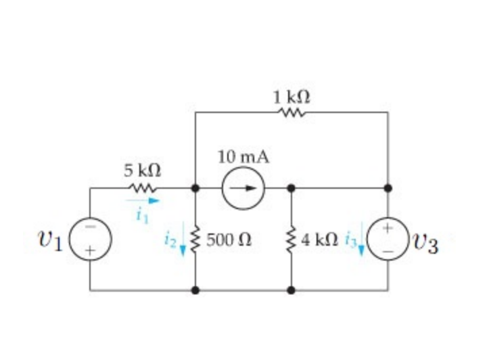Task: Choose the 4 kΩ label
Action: point(321,240)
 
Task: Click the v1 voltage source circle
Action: point(90,240)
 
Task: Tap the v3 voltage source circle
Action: point(388,240)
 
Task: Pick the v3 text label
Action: point(423,243)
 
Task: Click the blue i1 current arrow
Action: point(143,200)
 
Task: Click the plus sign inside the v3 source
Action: point(388,229)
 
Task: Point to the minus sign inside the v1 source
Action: point(90,228)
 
